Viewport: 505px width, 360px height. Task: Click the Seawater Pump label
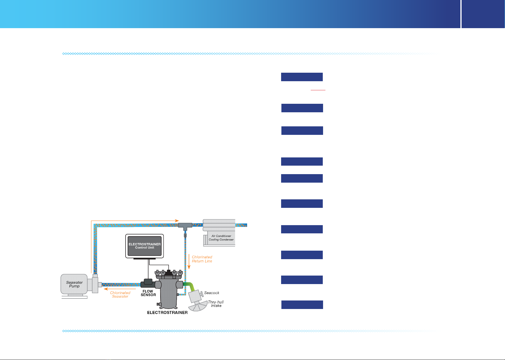74,284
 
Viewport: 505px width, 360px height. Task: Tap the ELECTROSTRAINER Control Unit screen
145,246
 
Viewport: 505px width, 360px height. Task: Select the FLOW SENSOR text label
148,293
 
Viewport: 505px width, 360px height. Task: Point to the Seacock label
212,293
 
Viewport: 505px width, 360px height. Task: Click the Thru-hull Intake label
216,304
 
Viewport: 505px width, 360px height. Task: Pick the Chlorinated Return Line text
202,259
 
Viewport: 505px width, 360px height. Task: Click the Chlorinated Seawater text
120,295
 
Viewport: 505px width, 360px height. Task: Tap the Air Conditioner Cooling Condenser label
221,238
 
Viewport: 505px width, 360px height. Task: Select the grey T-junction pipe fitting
185,226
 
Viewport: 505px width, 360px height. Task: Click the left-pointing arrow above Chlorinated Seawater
120,289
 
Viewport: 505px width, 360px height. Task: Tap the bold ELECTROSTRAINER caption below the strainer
167,313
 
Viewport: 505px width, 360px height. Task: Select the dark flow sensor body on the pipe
148,283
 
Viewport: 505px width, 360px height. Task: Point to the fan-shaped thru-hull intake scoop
198,306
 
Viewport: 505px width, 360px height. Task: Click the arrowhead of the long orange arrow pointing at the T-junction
177,220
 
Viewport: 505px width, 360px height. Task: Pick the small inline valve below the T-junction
185,235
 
